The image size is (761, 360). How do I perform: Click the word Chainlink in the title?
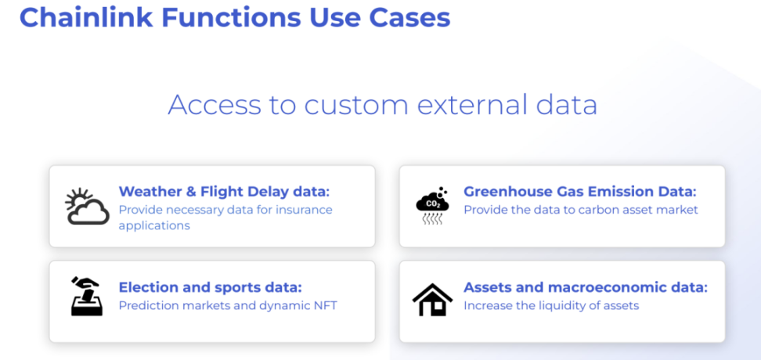coord(86,17)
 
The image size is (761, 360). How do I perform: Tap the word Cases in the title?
coord(409,17)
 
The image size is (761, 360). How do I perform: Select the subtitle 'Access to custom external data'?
coord(382,104)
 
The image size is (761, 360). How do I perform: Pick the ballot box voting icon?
coord(87,297)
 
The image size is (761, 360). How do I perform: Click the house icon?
coord(432,300)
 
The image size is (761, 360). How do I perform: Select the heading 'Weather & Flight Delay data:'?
coord(224,191)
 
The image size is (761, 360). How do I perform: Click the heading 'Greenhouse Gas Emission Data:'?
coord(580,191)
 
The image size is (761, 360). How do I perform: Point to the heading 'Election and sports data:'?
coord(210,287)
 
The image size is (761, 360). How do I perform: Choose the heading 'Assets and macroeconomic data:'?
coord(586,287)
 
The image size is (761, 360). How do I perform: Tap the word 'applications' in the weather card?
coord(154,226)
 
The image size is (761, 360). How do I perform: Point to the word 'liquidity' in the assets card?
coord(570,306)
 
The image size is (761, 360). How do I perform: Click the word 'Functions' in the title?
coord(231,17)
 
